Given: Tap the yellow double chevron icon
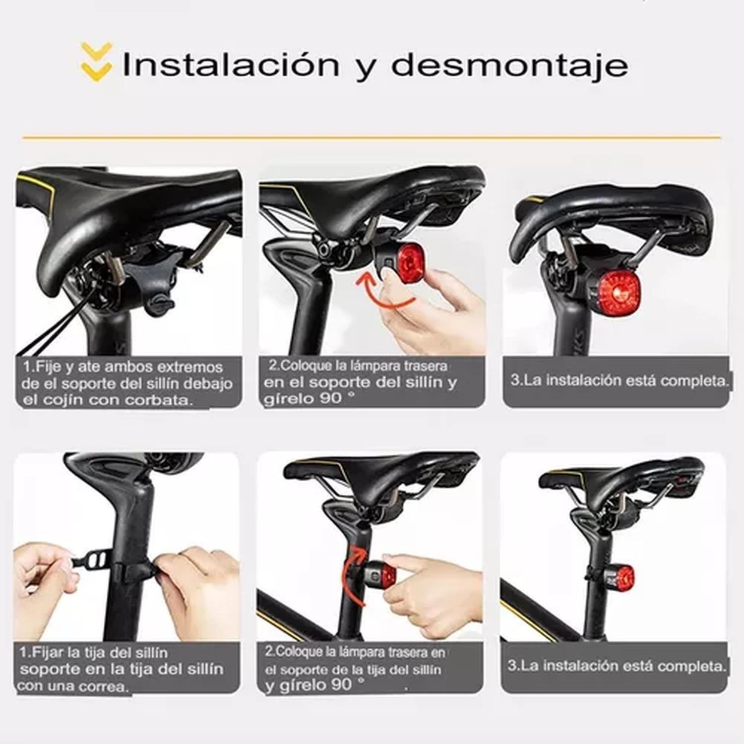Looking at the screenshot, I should [x=96, y=62].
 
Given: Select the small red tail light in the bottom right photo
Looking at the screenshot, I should [x=622, y=577].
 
